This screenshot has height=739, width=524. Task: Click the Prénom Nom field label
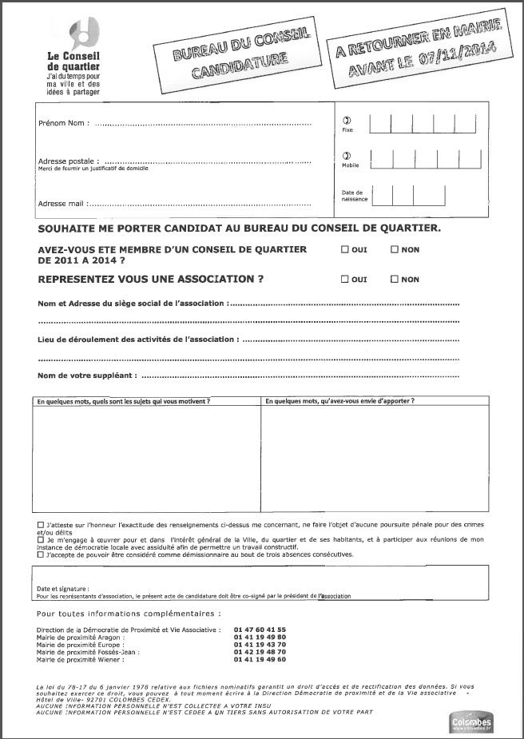[x=63, y=124]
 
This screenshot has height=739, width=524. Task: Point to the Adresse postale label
[x=68, y=161]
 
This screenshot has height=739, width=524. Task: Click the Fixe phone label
[x=347, y=129]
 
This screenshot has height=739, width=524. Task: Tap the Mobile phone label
[x=350, y=165]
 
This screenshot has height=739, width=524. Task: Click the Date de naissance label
[x=352, y=196]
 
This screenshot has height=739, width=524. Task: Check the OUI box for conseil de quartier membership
[x=345, y=250]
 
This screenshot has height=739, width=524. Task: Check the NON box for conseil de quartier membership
[x=395, y=250]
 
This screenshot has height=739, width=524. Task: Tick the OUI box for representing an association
[x=345, y=280]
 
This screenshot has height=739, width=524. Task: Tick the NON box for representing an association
[x=395, y=280]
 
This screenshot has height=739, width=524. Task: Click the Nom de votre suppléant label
[x=87, y=375]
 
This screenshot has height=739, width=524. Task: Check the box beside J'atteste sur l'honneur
[x=41, y=524]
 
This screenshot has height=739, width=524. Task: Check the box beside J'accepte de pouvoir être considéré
[x=41, y=554]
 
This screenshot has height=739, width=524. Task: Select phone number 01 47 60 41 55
[x=260, y=630]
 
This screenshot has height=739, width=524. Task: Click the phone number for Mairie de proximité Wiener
[x=260, y=659]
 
